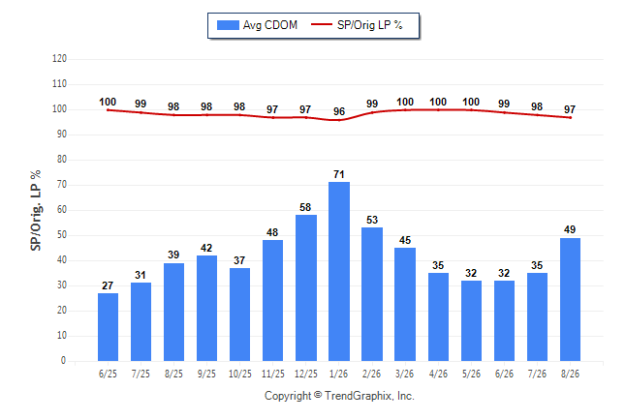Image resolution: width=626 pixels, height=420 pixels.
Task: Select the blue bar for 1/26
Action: coord(339,271)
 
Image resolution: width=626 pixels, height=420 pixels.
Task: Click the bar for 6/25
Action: coord(108,327)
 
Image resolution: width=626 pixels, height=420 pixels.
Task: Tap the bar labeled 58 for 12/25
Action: coord(306,288)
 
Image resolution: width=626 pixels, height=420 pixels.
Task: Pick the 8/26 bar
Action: coord(570,300)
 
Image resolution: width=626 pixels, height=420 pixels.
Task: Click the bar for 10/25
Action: coord(240,315)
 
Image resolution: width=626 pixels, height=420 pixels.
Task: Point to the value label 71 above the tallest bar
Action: coord(339,174)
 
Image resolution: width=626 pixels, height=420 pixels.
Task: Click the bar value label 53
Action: coord(372,220)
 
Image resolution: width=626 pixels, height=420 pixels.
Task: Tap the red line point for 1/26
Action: coord(339,120)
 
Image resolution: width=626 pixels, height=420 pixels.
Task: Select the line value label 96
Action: coord(339,111)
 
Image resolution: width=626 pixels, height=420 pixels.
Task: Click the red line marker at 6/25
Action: coord(108,110)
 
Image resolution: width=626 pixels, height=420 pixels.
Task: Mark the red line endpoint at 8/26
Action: coord(570,118)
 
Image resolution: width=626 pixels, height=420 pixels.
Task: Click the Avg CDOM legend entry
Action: coord(257,25)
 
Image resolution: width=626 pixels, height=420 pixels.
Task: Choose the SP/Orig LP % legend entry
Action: coord(357,25)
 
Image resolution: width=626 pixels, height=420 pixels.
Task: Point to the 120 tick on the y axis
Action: coord(59,59)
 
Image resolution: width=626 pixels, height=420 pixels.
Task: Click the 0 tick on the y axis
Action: coord(63,361)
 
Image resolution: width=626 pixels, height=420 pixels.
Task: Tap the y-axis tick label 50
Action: coord(61,235)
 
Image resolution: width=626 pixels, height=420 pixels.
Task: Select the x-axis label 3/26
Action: coord(404,374)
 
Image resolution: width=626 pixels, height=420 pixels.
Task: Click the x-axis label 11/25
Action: coord(273,374)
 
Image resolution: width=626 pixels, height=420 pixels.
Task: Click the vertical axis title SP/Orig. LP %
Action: coord(36,211)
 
